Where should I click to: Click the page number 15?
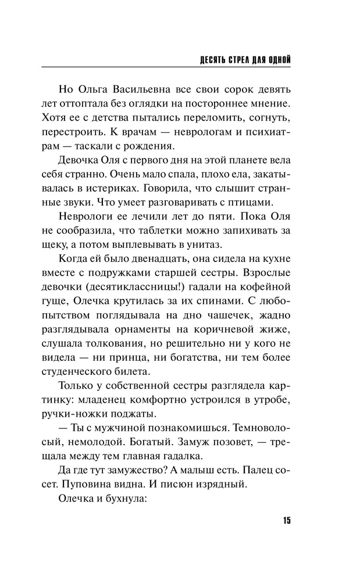286,520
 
